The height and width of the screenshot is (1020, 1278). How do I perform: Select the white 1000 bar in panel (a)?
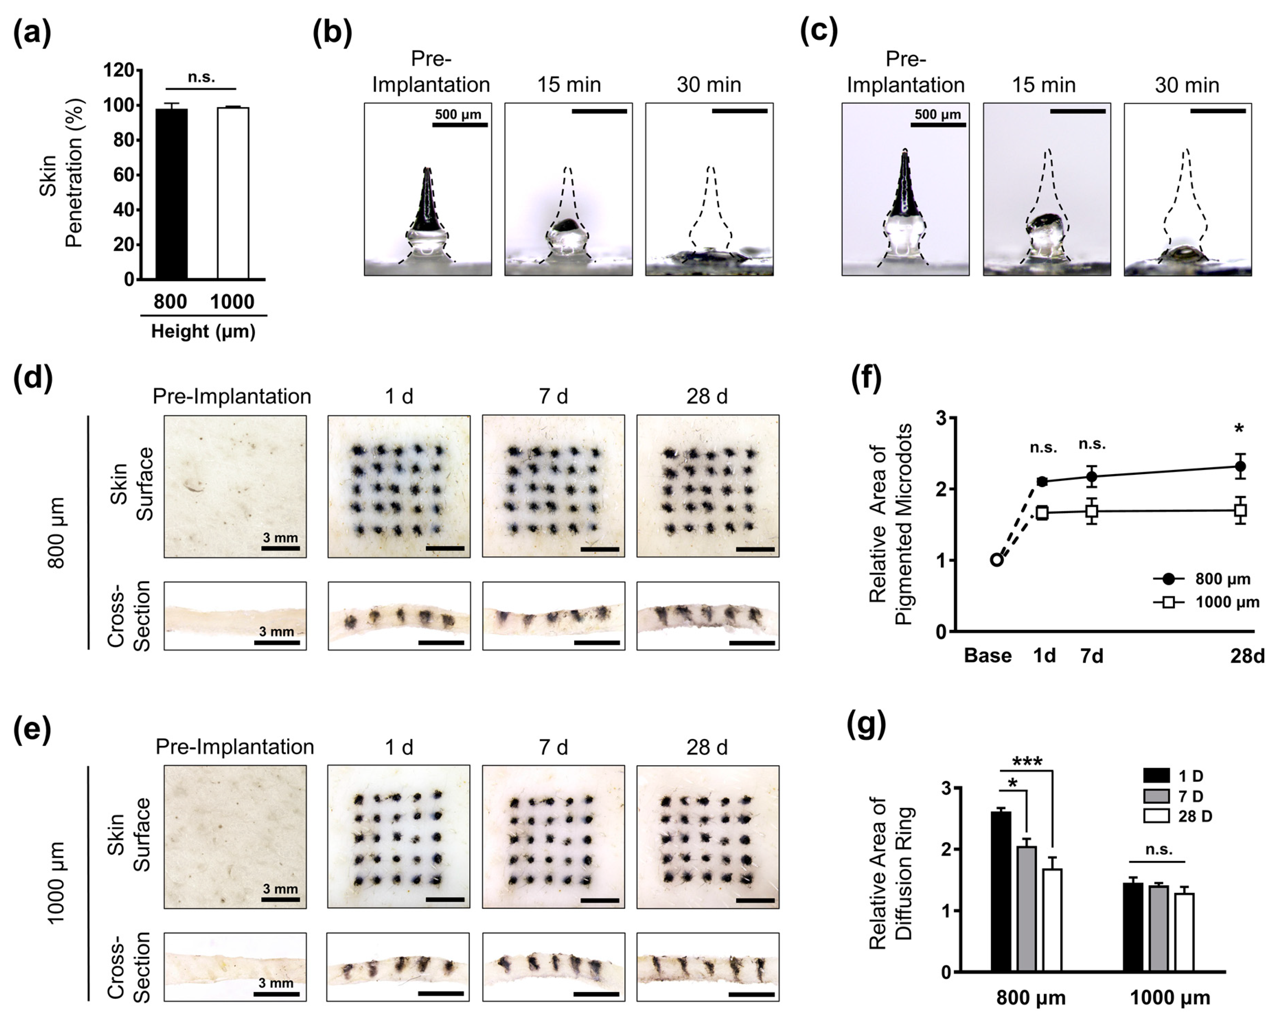(233, 193)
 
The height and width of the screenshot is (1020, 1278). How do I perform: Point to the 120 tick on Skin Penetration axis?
(119, 70)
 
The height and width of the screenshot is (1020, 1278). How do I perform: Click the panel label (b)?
(332, 32)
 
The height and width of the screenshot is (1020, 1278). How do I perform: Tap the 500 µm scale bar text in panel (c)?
(938, 115)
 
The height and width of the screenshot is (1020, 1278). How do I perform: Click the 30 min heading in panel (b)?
(709, 85)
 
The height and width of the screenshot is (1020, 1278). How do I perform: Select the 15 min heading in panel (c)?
(1044, 85)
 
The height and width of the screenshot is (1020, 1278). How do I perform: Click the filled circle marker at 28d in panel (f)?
(1239, 466)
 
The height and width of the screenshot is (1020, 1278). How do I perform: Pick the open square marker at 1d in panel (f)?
(1042, 513)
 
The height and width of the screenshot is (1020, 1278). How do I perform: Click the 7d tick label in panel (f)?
(1092, 656)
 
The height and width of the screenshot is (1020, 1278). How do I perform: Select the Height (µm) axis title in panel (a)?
(203, 331)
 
